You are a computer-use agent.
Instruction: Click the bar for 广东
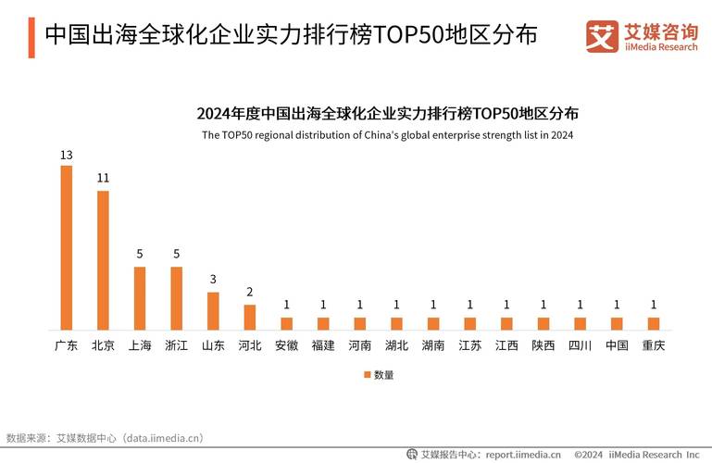pyautogui.click(x=66, y=248)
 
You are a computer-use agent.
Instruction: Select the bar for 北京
pyautogui.click(x=103, y=260)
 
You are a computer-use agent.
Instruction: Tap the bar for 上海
pyautogui.click(x=140, y=298)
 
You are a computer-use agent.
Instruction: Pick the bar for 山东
pyautogui.click(x=213, y=311)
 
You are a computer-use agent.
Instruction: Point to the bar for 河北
pyautogui.click(x=249, y=317)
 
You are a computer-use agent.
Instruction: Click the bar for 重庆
pyautogui.click(x=654, y=323)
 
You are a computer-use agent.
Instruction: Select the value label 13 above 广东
pyautogui.click(x=66, y=155)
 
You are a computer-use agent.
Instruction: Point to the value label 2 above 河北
pyautogui.click(x=249, y=292)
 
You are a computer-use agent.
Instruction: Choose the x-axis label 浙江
pyautogui.click(x=176, y=345)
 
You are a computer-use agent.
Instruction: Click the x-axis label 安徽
pyautogui.click(x=286, y=345)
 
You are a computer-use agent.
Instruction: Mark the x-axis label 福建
pyautogui.click(x=323, y=345)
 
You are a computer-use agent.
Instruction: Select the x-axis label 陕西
pyautogui.click(x=543, y=345)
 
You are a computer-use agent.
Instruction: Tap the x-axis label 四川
pyautogui.click(x=580, y=345)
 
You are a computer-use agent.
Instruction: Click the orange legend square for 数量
pyautogui.click(x=367, y=375)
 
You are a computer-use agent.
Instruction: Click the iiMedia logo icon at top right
pyautogui.click(x=602, y=36)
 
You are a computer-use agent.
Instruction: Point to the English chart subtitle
pyautogui.click(x=388, y=135)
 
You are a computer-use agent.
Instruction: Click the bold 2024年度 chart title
pyautogui.click(x=388, y=114)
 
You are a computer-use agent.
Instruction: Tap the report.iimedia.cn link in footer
pyautogui.click(x=523, y=454)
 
